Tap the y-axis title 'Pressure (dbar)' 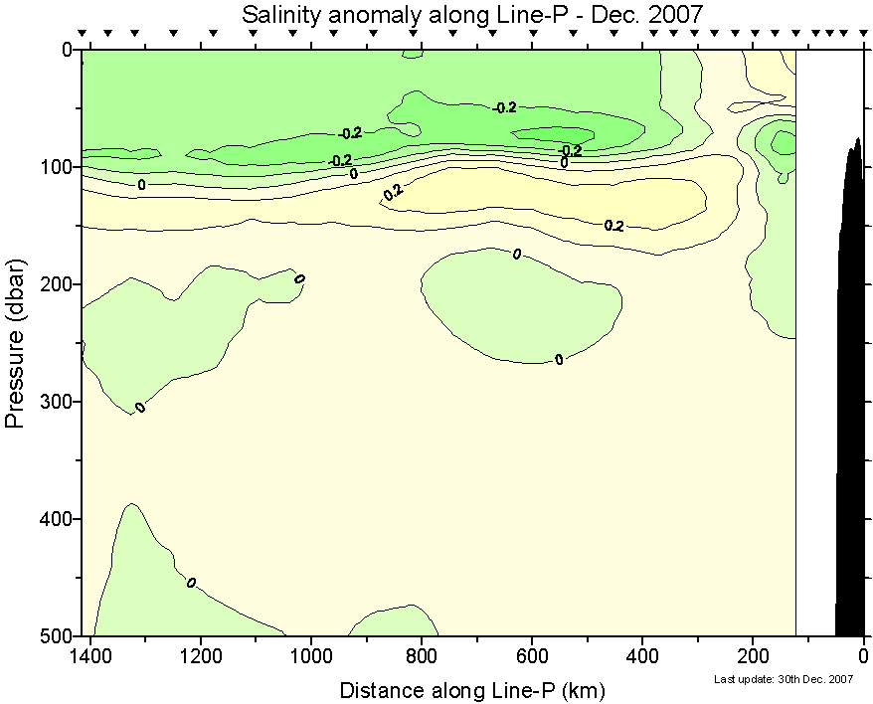[x=15, y=343]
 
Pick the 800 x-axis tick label [x=422, y=656]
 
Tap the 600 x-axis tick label [x=532, y=656]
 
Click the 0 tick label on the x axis [x=863, y=656]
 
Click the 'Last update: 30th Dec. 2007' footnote [x=785, y=679]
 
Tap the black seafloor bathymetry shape [x=850, y=398]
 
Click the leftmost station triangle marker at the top [x=84, y=34]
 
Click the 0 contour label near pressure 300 [x=140, y=408]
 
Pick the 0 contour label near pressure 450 [x=191, y=582]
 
